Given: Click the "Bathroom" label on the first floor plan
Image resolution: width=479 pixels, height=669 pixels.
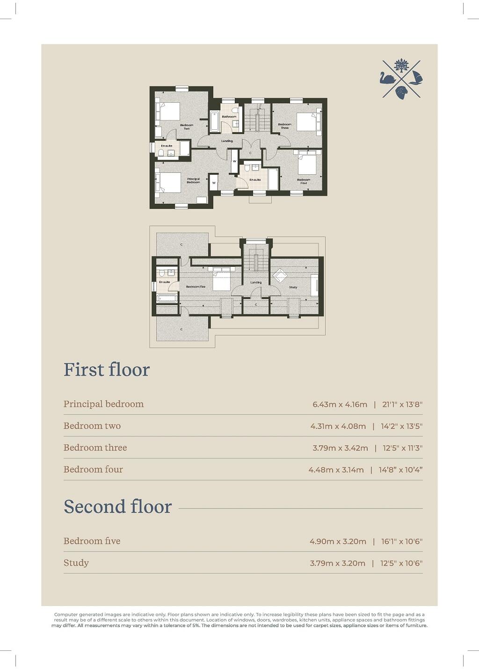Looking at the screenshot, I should point(229,116).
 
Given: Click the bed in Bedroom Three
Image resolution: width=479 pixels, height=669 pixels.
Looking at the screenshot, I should point(307,122).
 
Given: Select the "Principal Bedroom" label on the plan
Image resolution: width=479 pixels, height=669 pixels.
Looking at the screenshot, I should point(193,180).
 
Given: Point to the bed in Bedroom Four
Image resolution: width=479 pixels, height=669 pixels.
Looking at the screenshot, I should point(307,164).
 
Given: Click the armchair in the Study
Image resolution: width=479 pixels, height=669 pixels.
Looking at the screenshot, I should point(280,275).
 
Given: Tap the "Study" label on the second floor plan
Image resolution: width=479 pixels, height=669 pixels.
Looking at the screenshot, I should point(293,287).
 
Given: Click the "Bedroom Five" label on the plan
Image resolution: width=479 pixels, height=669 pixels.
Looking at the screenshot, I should point(196,287).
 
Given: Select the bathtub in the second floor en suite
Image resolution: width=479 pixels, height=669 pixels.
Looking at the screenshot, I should point(167,298).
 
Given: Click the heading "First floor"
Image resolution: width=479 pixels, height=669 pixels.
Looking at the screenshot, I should point(107,370).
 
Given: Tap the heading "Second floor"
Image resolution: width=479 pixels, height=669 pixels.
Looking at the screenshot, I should point(118,507).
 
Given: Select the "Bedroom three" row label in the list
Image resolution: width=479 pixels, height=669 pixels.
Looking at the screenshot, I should point(95,448).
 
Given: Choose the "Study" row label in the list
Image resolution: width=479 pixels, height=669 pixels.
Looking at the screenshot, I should point(76,563).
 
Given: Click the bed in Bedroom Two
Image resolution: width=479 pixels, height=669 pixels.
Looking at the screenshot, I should point(169,112).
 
